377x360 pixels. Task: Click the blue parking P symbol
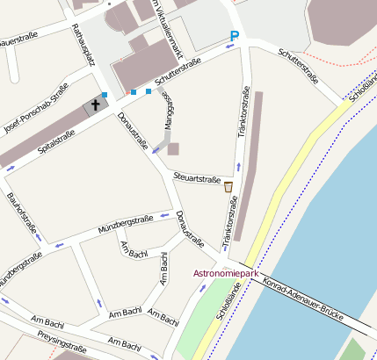pos(234,36)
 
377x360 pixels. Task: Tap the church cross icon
pos(92,106)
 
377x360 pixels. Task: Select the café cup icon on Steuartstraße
pos(228,186)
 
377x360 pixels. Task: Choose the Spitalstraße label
pos(57,140)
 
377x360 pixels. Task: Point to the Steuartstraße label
pos(197,178)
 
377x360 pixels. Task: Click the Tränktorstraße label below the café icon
pos(230,221)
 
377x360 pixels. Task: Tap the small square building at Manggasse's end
pos(173,148)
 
